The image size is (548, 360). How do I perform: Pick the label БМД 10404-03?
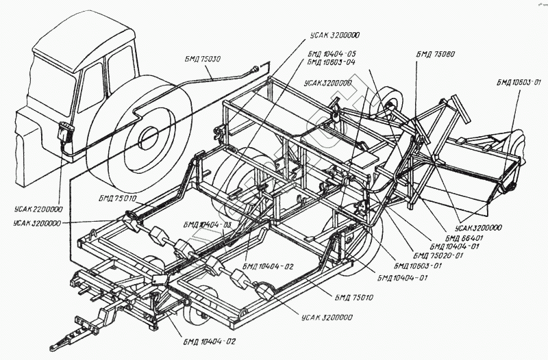tap(207, 224)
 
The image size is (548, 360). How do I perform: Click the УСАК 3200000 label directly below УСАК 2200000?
tap(38, 223)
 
